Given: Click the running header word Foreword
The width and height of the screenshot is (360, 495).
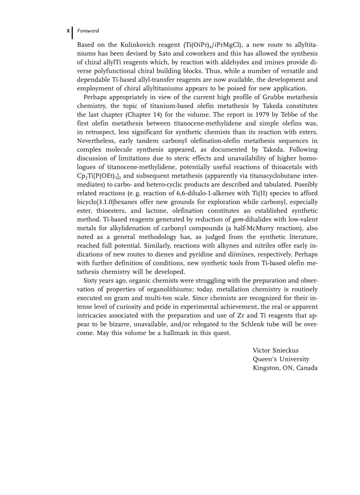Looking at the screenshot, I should click(x=88, y=31).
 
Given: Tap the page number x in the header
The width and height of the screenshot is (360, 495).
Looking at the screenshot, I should click(x=67, y=31).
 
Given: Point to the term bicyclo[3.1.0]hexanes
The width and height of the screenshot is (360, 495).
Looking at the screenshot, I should click(x=107, y=202).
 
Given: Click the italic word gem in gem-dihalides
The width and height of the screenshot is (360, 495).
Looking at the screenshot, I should click(x=238, y=220).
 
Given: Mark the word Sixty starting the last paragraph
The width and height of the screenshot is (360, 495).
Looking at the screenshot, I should click(x=91, y=281).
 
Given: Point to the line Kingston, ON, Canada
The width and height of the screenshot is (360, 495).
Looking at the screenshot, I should click(x=285, y=368).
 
